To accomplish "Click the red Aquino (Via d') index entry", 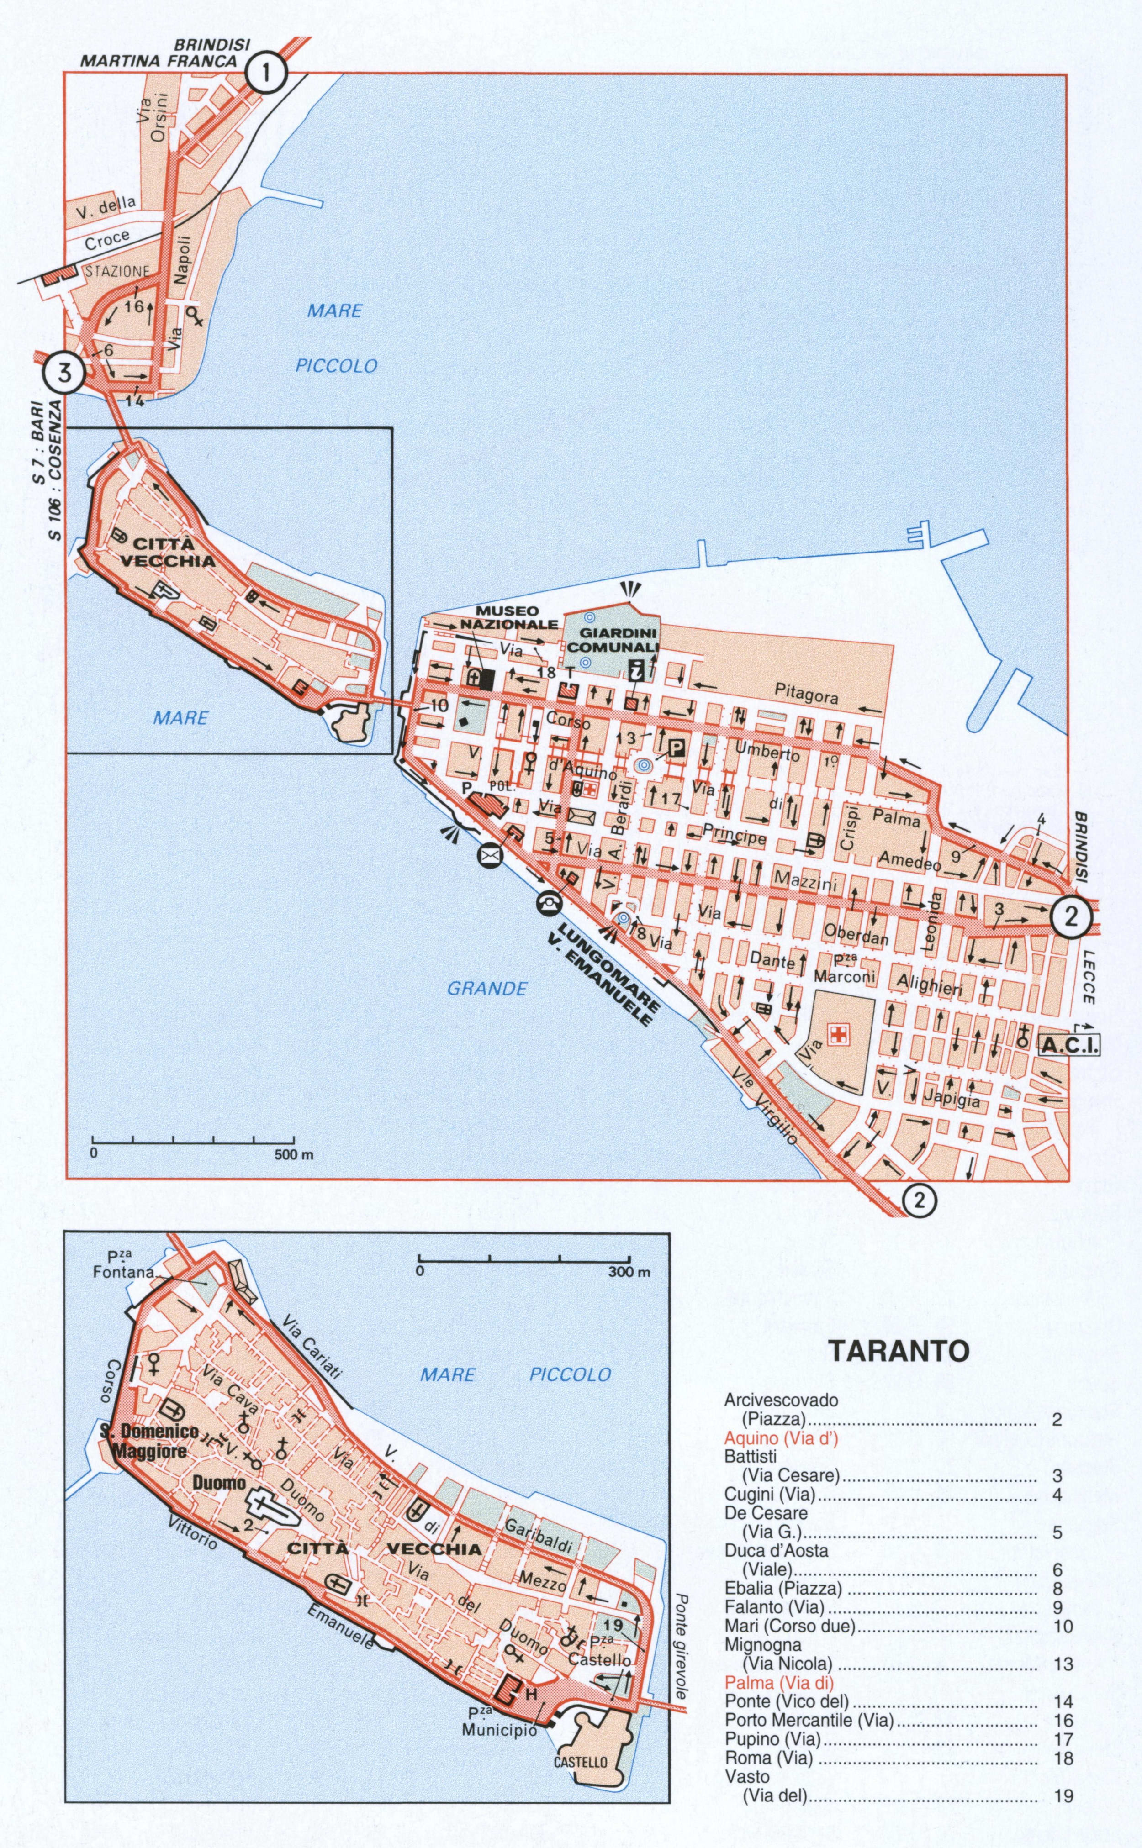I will point(782,1439).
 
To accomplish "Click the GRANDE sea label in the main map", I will point(487,988).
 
